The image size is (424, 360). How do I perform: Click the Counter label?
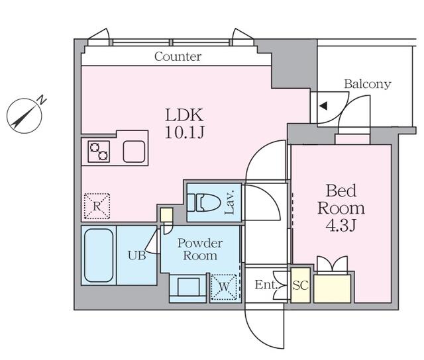click(x=178, y=56)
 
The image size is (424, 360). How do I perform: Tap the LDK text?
click(x=184, y=115)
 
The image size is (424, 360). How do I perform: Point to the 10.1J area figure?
click(x=184, y=132)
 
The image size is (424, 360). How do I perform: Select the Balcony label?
click(x=368, y=84)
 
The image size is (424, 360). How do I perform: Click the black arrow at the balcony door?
click(x=323, y=106)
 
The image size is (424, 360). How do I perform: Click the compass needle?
click(x=24, y=116)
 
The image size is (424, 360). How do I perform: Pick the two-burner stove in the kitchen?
click(x=99, y=152)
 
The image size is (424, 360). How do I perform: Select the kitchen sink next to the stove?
click(x=134, y=152)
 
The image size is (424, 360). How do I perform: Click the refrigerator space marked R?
click(x=97, y=206)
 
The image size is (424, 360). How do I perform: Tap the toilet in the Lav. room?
click(x=204, y=202)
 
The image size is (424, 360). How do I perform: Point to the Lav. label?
click(x=229, y=202)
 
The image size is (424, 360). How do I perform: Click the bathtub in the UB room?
click(x=99, y=255)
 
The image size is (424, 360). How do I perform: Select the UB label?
click(x=137, y=255)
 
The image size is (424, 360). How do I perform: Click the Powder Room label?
click(x=200, y=249)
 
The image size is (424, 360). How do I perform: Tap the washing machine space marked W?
click(x=224, y=287)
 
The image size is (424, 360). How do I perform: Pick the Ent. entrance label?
click(x=266, y=285)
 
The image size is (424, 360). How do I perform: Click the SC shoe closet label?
click(x=300, y=285)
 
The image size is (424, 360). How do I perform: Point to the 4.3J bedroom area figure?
click(x=341, y=226)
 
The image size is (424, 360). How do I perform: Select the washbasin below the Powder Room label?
click(x=188, y=287)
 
